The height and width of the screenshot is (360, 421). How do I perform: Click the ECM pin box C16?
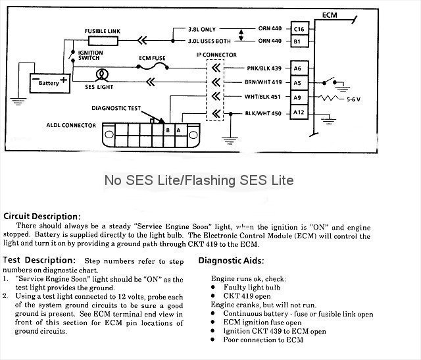tap(299, 30)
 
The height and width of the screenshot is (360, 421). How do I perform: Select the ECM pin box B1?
tap(299, 41)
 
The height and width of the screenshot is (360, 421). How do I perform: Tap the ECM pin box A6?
tap(299, 68)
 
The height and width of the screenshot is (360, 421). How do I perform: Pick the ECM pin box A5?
tap(299, 83)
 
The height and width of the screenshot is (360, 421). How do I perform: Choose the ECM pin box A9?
tap(299, 97)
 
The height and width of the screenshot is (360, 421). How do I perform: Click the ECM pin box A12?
tap(299, 112)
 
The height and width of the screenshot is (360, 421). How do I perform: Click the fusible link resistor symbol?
tap(103, 41)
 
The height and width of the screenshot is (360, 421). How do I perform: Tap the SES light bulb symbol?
tap(102, 73)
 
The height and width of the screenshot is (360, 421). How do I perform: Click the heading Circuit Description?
tap(42, 216)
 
